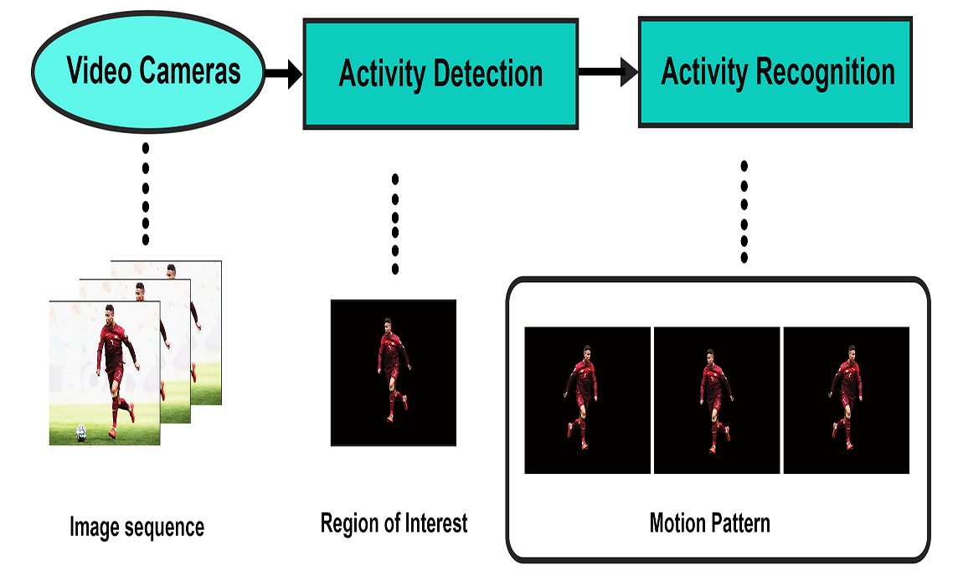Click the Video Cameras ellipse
(148, 71)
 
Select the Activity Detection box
(440, 74)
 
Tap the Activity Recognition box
(775, 72)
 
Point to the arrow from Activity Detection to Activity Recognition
(608, 72)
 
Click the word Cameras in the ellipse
(190, 70)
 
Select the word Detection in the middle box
(488, 74)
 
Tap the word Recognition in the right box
(826, 72)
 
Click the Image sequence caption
(136, 527)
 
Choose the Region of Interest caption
(394, 523)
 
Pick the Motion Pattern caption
(710, 523)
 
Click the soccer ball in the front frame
(80, 434)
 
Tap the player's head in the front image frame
(110, 313)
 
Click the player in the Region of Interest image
(393, 370)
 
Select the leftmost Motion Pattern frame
(587, 400)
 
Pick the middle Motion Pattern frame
(717, 400)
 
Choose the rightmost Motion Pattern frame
(846, 400)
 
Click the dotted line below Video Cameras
(146, 193)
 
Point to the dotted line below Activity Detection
(395, 224)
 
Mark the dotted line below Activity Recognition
(744, 211)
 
